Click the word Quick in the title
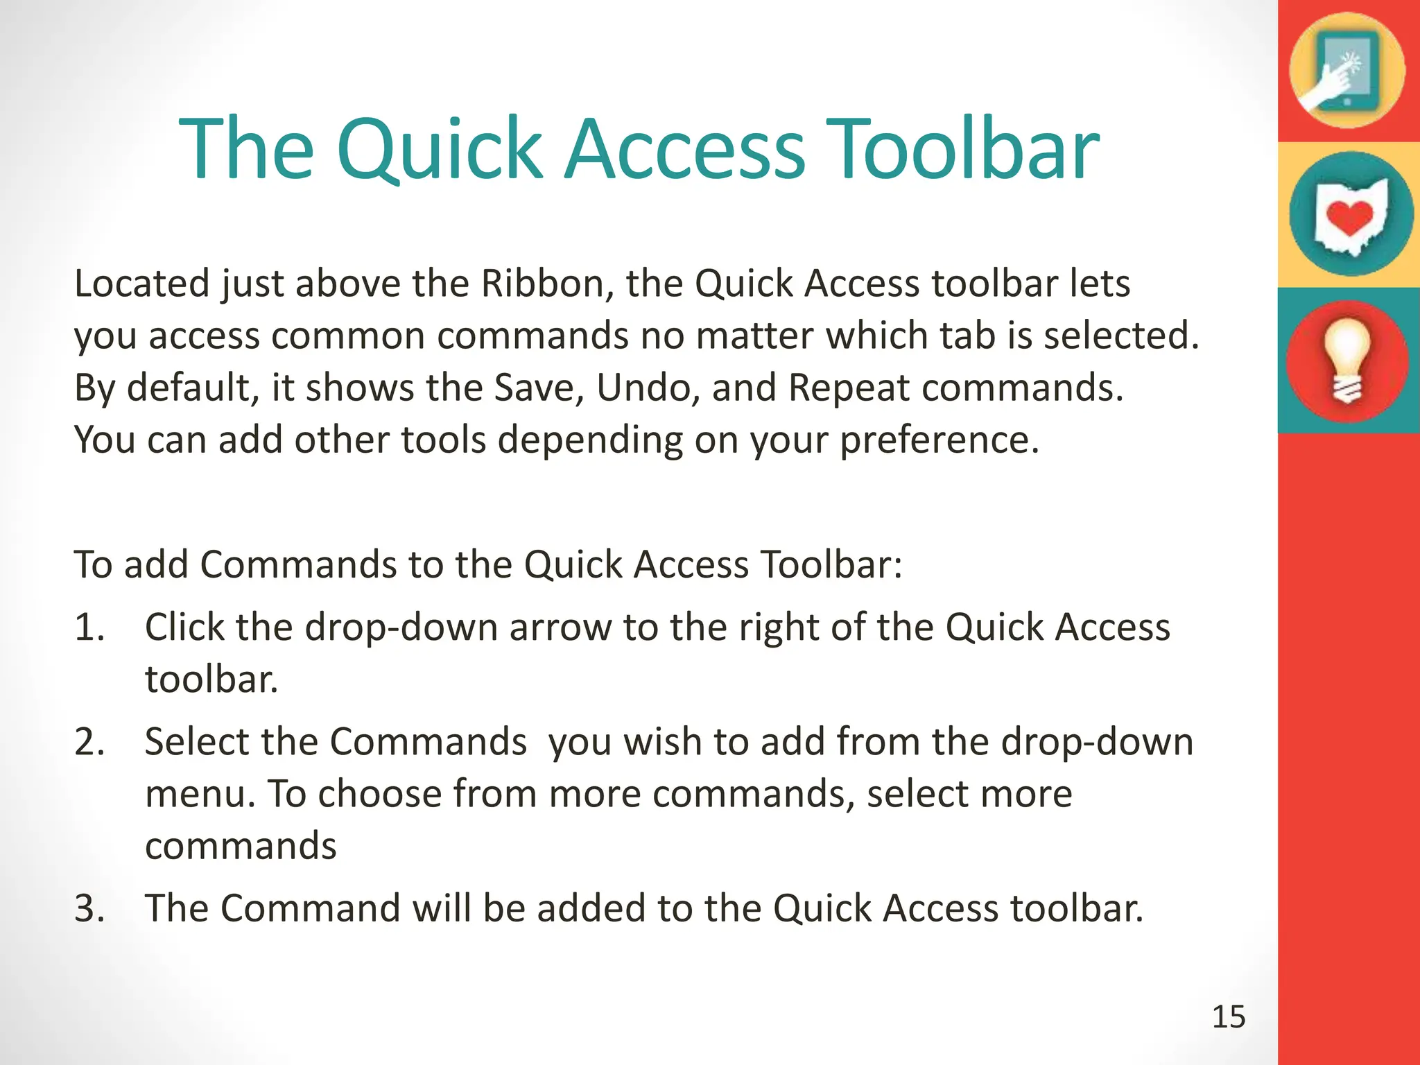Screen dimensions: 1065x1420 point(438,149)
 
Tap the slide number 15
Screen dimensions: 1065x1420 point(1229,1017)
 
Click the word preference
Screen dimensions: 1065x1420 point(939,440)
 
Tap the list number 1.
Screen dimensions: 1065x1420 point(89,627)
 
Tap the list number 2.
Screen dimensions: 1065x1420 point(89,742)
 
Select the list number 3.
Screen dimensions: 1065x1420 point(89,908)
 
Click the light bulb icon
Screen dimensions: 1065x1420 point(1347,361)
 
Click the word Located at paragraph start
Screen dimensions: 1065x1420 point(141,284)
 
